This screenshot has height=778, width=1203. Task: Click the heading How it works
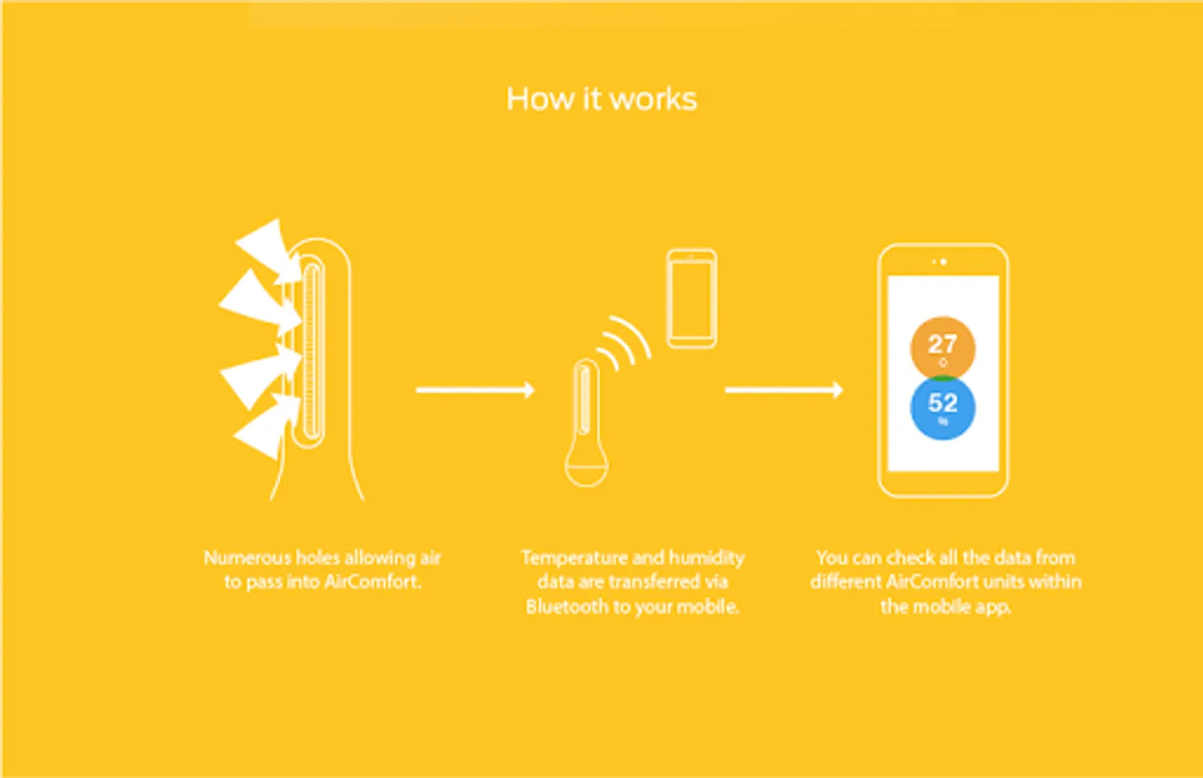pyautogui.click(x=601, y=99)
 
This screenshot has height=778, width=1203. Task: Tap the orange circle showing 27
pyautogui.click(x=942, y=347)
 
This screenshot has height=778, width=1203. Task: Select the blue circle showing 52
pyautogui.click(x=942, y=407)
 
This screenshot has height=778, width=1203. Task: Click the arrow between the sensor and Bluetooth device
pyautogui.click(x=474, y=390)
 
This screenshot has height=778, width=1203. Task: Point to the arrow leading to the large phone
pyautogui.click(x=783, y=390)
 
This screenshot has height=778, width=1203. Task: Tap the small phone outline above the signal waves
pyautogui.click(x=691, y=298)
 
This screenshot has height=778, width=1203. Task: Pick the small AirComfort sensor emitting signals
pyautogui.click(x=586, y=424)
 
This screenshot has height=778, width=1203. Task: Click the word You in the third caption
pyautogui.click(x=832, y=558)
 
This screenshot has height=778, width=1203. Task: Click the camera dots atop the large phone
pyautogui.click(x=939, y=261)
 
